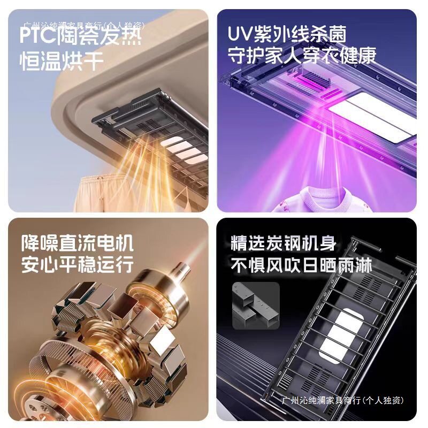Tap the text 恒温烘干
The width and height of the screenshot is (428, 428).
pyautogui.click(x=62, y=60)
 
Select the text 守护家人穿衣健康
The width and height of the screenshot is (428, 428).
pyautogui.click(x=302, y=56)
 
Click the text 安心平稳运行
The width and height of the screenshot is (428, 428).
pyautogui.click(x=77, y=265)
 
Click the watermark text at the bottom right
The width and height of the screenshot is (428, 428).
pyautogui.click(x=342, y=400)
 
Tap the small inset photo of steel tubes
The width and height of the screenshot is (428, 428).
pyautogui.click(x=256, y=305)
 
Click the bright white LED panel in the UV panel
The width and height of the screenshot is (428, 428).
pyautogui.click(x=369, y=115)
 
